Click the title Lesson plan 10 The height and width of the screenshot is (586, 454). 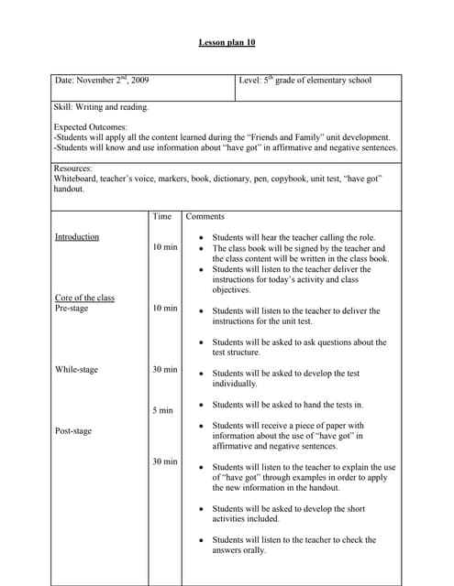pos(227,42)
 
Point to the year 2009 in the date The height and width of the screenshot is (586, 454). pos(139,81)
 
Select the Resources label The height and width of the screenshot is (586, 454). pos(73,169)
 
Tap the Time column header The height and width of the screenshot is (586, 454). pos(161,216)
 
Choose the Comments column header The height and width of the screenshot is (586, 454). pos(205,216)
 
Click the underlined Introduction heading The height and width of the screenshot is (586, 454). pos(77,237)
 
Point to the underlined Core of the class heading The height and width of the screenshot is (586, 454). pos(85,298)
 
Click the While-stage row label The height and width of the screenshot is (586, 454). pos(76,370)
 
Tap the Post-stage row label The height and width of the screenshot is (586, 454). pos(73,430)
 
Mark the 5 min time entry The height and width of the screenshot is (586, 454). pos(162,410)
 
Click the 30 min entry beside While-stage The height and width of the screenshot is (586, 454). pos(165,370)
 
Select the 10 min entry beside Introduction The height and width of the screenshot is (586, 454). pos(165,247)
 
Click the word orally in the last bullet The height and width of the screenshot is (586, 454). pos(254,550)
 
